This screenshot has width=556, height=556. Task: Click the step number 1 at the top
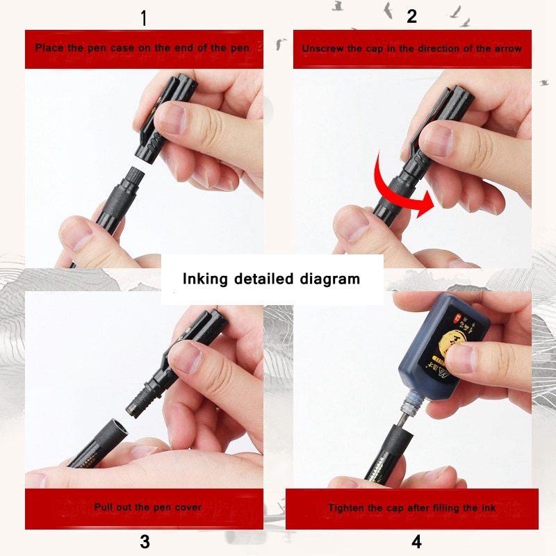point(144,18)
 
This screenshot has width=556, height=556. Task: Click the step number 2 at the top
point(411,17)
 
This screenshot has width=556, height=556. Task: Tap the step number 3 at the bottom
point(145,542)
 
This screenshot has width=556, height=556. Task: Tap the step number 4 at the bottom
point(416,541)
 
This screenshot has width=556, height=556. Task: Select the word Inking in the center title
point(206,279)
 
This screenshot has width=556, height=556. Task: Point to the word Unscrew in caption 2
point(322,49)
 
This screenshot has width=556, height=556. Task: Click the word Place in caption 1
point(48,49)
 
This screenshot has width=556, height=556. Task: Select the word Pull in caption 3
point(104,507)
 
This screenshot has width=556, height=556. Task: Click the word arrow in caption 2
point(507,49)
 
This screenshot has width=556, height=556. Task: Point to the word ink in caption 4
point(489,508)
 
